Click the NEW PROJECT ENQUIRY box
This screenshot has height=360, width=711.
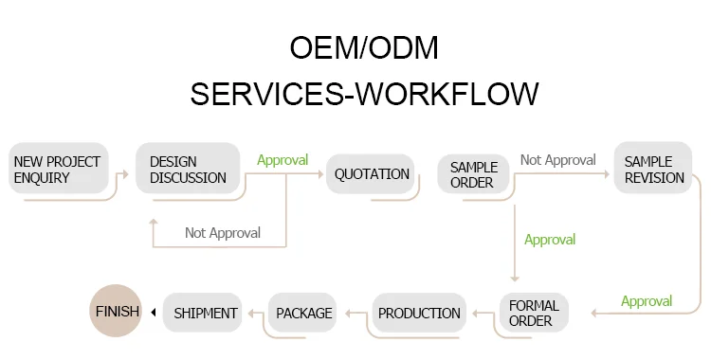pos(59,169)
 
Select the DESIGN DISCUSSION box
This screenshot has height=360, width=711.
pos(188,169)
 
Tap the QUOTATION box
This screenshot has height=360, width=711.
pos(371,173)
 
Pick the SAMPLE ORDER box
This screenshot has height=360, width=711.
pos(473,173)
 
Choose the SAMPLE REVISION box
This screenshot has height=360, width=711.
pos(653,168)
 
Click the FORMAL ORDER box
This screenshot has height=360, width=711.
pos(534,313)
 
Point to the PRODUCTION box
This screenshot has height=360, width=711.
pos(419,313)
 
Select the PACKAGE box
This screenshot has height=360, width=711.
pos(302,313)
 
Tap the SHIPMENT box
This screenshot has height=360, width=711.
pos(203,313)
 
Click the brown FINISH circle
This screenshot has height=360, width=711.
pos(116,311)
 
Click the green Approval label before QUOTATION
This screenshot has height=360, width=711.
pos(283,160)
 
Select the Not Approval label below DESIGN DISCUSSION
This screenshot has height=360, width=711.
pos(223,233)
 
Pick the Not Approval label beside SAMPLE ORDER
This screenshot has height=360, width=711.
pos(558,159)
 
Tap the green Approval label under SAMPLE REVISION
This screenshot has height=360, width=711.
pos(647,301)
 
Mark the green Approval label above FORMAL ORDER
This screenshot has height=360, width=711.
pos(550,240)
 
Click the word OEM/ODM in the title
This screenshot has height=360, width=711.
pos(364,47)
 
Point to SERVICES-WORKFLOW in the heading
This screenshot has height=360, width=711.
pos(364,94)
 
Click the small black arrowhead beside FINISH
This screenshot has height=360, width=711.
pos(154,312)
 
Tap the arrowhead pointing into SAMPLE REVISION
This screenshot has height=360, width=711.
pos(607,174)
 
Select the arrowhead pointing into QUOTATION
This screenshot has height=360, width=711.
pos(320,174)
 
